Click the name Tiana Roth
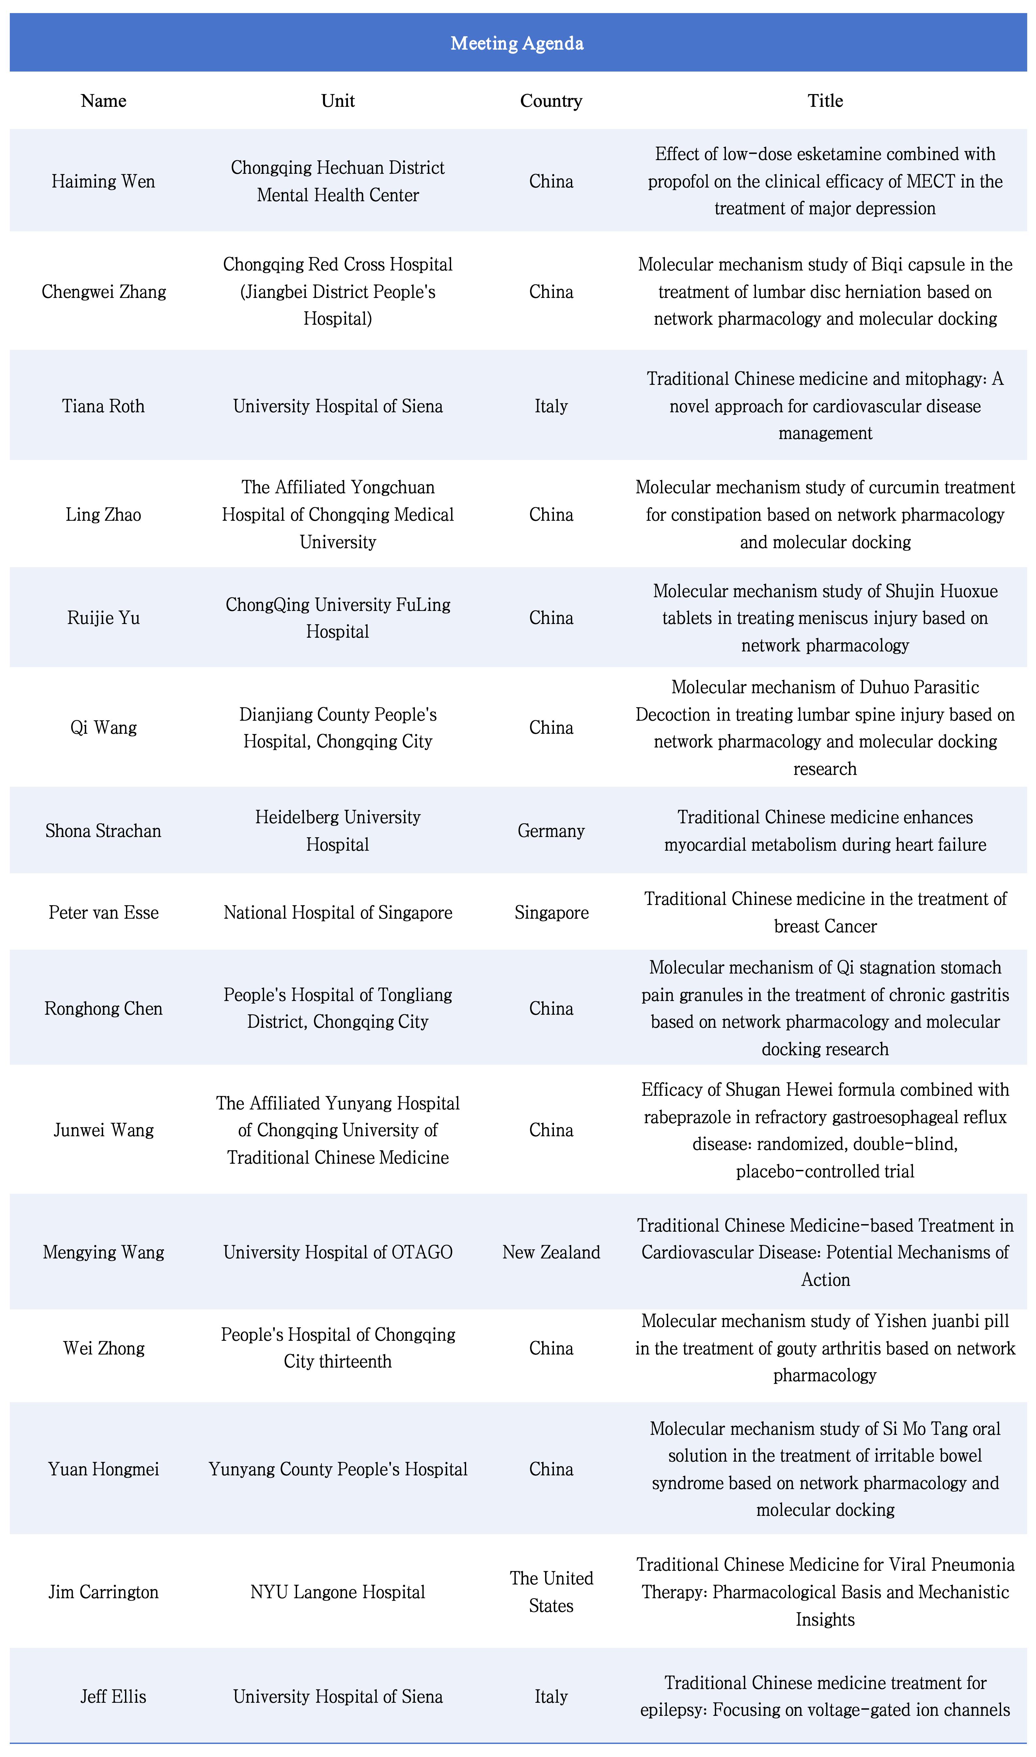[x=103, y=406]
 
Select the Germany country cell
[x=551, y=831]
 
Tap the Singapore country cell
[x=551, y=912]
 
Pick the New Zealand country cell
[x=551, y=1252]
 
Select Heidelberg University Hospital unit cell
[x=338, y=831]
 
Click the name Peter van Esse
[x=103, y=912]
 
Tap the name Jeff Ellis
[x=113, y=1696]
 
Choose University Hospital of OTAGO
[x=338, y=1252]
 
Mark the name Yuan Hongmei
[x=103, y=1469]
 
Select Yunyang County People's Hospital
[x=338, y=1469]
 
